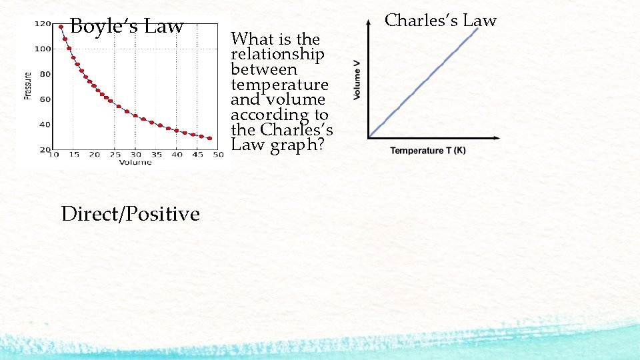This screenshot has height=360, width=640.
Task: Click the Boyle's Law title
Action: coord(126,27)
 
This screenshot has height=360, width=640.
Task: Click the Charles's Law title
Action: coord(441,21)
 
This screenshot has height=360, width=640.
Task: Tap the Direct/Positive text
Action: coord(130,214)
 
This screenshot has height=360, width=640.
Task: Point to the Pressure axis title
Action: coord(28,85)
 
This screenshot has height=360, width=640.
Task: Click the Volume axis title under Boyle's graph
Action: coord(135,162)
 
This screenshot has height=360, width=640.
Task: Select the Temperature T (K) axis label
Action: coord(428,151)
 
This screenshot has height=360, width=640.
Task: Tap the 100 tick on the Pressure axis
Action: coord(43,49)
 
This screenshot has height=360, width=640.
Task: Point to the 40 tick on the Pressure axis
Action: coord(45,125)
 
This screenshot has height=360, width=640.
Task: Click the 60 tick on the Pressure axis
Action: coord(45,99)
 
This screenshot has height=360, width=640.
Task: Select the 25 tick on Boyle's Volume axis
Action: coord(115,155)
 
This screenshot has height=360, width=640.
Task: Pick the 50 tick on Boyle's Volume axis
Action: coord(218,155)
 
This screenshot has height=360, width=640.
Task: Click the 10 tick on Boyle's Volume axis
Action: coord(55,155)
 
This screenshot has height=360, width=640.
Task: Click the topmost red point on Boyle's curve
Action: coord(61,27)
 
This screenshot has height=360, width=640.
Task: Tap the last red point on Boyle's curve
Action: coord(209,139)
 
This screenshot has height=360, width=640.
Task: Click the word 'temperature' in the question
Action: coord(279,85)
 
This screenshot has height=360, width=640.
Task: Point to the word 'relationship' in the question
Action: coord(277,54)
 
